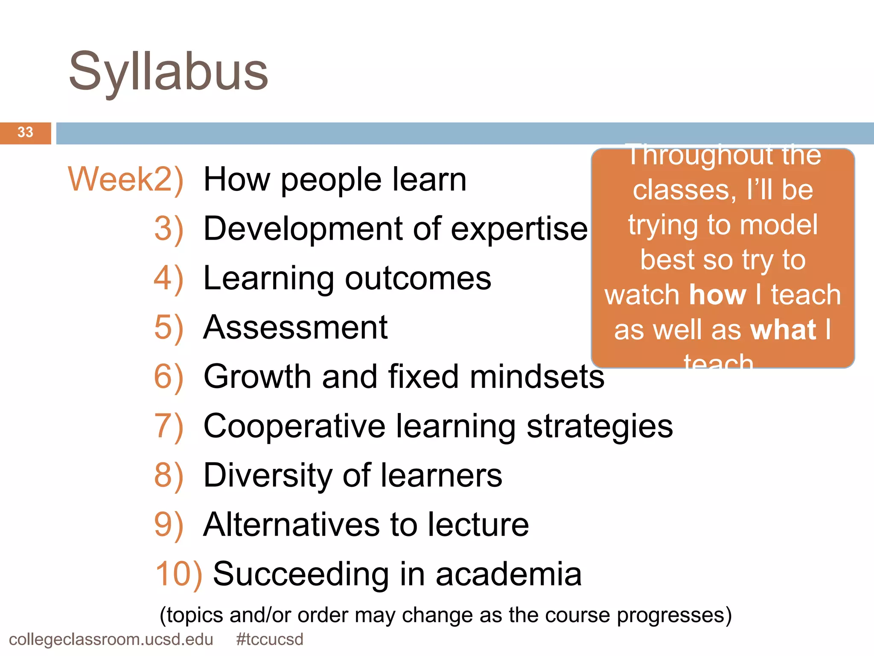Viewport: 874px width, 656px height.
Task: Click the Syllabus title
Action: pyautogui.click(x=169, y=72)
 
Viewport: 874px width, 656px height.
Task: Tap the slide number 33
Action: pyautogui.click(x=25, y=132)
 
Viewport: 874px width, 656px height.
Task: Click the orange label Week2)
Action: pyautogui.click(x=126, y=179)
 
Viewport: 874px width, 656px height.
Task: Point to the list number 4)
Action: pyautogui.click(x=169, y=278)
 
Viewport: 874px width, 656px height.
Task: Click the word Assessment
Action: pyautogui.click(x=295, y=328)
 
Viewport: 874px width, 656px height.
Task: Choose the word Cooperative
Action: pyautogui.click(x=294, y=426)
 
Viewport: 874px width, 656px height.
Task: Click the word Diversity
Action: pyautogui.click(x=268, y=475)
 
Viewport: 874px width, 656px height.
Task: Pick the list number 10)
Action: pyautogui.click(x=178, y=574)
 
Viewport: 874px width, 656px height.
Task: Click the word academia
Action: pyautogui.click(x=509, y=574)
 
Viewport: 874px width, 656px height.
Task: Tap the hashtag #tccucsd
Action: pyautogui.click(x=269, y=639)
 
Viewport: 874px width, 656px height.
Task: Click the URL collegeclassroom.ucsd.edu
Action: pyautogui.click(x=111, y=639)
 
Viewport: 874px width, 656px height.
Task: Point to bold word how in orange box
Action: pyautogui.click(x=717, y=295)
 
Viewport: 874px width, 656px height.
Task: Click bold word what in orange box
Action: pyautogui.click(x=783, y=330)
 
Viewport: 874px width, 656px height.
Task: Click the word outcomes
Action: pyautogui.click(x=418, y=278)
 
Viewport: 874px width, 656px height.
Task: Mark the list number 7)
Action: pyautogui.click(x=169, y=426)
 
